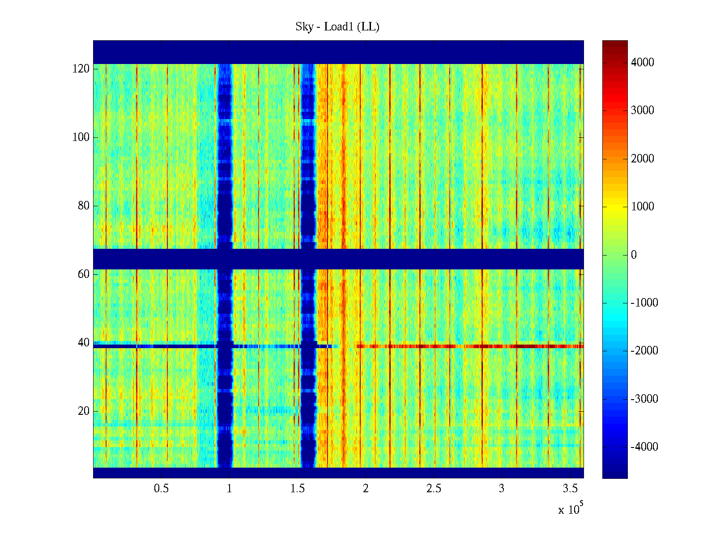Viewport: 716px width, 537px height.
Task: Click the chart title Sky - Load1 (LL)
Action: pos(337,27)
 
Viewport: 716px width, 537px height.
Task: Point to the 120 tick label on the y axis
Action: pos(81,69)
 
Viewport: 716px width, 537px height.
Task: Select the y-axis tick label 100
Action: pos(81,137)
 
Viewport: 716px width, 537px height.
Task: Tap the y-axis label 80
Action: pos(84,206)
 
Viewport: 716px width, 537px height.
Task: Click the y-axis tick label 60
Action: pos(84,274)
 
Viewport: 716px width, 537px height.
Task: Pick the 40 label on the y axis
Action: pos(84,343)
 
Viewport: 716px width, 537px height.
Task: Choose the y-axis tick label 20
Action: pos(84,411)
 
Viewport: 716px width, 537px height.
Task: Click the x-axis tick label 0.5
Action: pos(162,489)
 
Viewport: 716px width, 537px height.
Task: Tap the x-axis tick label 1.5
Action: pos(298,489)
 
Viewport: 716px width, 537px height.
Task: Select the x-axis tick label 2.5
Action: pos(434,489)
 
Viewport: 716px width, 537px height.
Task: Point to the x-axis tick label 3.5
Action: pos(570,489)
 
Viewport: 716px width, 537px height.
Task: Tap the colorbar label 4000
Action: pos(643,63)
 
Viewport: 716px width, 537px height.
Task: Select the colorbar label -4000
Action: pos(644,447)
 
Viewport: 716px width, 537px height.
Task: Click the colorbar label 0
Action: pos(634,255)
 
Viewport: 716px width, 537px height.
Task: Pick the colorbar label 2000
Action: pos(643,159)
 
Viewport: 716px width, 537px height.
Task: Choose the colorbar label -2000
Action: pos(644,351)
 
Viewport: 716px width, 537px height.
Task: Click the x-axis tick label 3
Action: pos(502,489)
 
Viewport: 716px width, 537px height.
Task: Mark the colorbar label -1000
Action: pos(644,303)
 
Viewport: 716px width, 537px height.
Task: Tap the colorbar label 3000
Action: pos(643,111)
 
